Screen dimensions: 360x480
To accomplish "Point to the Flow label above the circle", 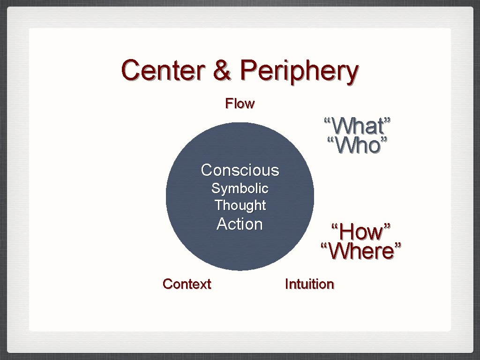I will coord(240,103).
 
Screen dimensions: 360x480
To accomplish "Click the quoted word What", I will coord(357,126).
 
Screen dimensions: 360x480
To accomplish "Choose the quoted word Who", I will coord(358,146).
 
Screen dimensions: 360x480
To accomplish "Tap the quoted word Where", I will coord(361,251).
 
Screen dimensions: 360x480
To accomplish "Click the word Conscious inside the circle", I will coord(240,170).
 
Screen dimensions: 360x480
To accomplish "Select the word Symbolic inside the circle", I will coord(240,188).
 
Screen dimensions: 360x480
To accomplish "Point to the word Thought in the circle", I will coord(240,205).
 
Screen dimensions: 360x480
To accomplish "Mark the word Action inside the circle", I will coord(240,224).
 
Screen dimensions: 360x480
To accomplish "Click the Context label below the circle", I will coord(187,284).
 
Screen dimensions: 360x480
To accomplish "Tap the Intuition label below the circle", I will coord(309,284).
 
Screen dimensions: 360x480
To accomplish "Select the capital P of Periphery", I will coord(248,70).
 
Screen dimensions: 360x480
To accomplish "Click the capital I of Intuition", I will coord(287,284).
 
